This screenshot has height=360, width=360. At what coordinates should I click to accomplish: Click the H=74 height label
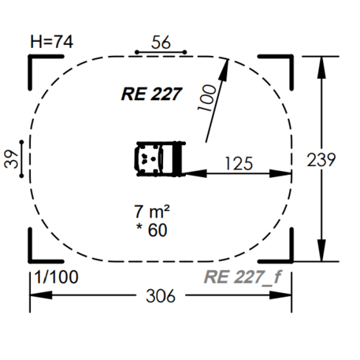52,42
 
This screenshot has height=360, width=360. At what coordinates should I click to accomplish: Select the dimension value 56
161,43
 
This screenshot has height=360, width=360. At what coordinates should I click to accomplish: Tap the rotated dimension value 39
11,159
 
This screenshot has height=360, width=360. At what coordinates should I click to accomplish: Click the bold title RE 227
151,94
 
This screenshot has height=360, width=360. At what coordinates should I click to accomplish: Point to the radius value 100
207,98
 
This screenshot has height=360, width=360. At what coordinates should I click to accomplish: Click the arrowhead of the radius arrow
225,69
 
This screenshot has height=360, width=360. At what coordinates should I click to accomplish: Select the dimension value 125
239,163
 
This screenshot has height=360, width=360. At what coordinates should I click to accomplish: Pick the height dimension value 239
321,160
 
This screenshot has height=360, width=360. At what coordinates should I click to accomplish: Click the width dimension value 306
161,296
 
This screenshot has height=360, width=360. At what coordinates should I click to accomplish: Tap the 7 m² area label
152,212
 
